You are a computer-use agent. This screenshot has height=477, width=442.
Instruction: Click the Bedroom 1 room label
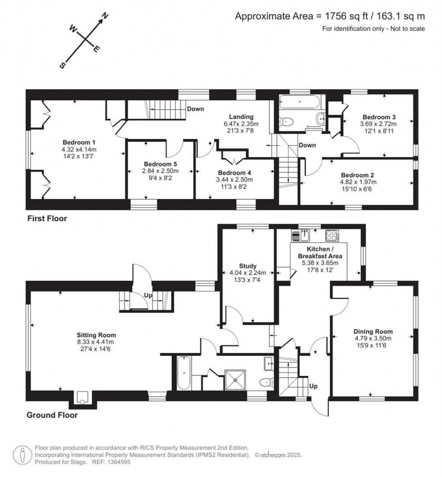point(79,143)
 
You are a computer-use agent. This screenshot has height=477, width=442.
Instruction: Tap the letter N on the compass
point(105,18)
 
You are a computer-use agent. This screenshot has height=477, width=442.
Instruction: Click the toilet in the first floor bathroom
point(287,121)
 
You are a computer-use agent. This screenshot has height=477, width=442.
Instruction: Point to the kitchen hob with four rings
point(332,235)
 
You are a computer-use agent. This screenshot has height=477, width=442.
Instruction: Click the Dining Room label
point(373,331)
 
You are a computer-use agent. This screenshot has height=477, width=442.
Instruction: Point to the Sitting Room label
point(96,335)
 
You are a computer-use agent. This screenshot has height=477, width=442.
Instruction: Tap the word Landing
point(241,117)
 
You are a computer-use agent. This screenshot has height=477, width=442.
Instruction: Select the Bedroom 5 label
point(160,164)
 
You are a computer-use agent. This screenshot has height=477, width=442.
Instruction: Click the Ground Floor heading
point(52,415)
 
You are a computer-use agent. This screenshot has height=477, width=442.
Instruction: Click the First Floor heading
point(47,219)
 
